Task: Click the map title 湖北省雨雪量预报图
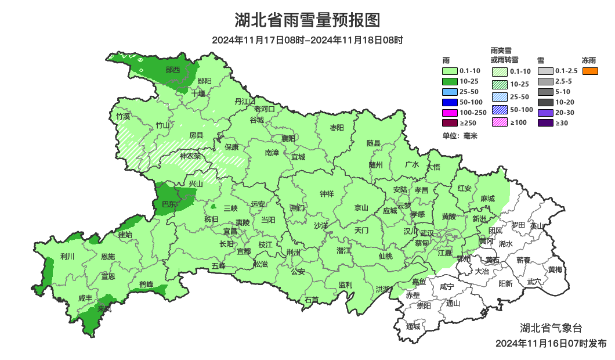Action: coord(307,20)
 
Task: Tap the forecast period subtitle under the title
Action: coord(307,40)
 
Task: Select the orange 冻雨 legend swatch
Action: coord(590,71)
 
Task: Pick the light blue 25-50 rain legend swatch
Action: coord(450,92)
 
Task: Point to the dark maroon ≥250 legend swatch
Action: coord(450,123)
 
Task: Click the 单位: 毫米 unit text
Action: coord(460,136)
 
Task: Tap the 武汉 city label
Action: coord(428,231)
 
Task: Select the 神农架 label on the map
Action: coord(190,156)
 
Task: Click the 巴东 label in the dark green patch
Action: coord(169,204)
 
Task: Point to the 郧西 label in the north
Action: coord(172,70)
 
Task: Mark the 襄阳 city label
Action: coord(288,138)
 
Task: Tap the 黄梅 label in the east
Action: coord(555,269)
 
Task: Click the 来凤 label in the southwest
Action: coord(105,308)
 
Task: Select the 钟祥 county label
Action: coord(327,194)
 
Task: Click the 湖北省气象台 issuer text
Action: coord(551,328)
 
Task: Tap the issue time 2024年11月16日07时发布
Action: coord(551,343)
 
